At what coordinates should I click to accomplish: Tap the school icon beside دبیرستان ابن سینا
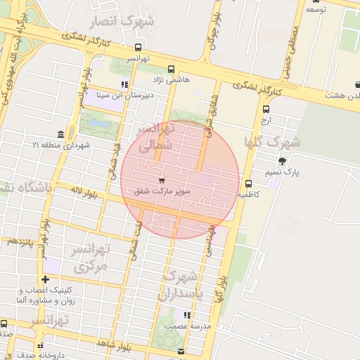pyautogui.click(x=124, y=85)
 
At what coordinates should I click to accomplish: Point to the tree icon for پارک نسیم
pyautogui.click(x=282, y=161)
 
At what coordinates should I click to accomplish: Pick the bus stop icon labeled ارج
pyautogui.click(x=266, y=109)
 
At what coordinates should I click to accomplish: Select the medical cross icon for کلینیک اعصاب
pyautogui.click(x=45, y=280)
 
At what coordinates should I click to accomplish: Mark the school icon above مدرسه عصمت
pyautogui.click(x=186, y=316)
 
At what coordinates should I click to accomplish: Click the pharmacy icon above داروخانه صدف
pyautogui.click(x=41, y=345)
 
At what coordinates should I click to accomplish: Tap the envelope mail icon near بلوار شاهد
pyautogui.click(x=181, y=351)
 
